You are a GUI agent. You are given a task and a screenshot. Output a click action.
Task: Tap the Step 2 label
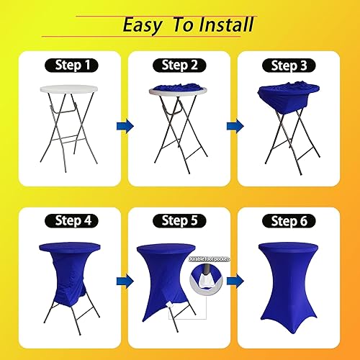pyautogui.click(x=179, y=65)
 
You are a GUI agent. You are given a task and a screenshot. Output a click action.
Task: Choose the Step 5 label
pyautogui.click(x=179, y=220)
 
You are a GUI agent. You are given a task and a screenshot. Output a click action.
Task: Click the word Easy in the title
pyautogui.click(x=141, y=25)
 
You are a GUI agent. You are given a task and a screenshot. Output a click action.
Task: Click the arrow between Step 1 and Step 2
pyautogui.click(x=125, y=126)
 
